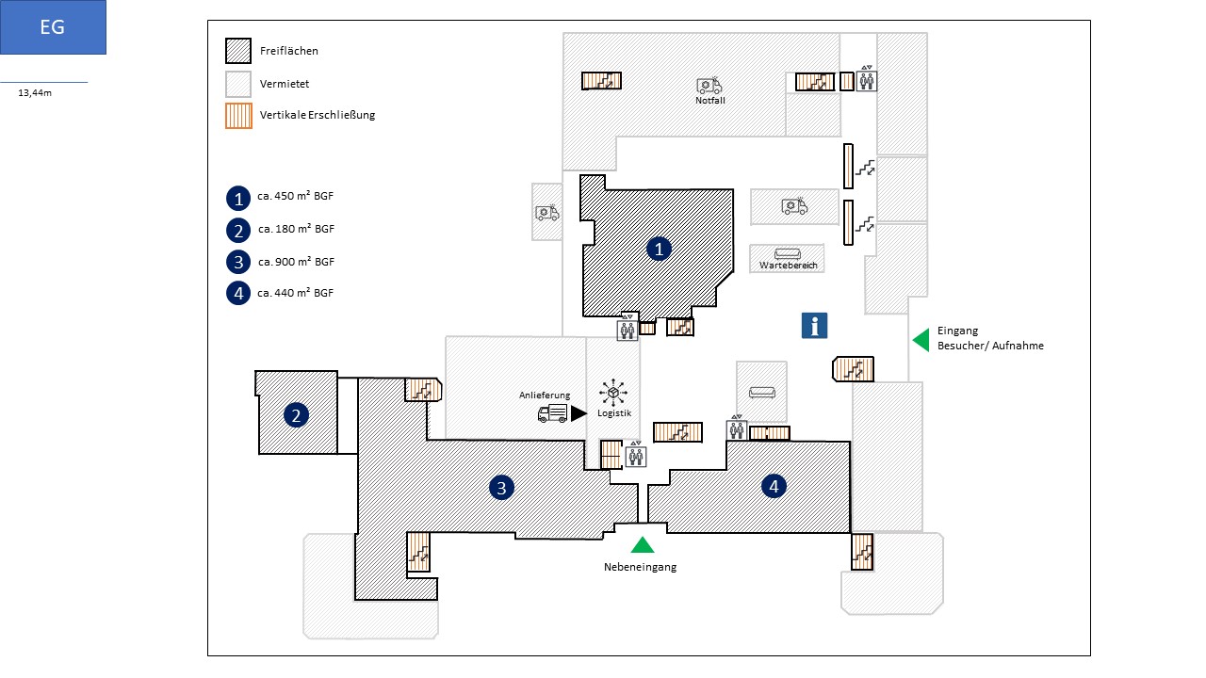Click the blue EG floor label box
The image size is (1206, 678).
tap(53, 27)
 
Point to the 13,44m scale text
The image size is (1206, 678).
tap(35, 93)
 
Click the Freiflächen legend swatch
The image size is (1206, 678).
tap(238, 51)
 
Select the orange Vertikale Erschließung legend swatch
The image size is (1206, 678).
tap(238, 116)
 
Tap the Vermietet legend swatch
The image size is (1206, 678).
tap(238, 84)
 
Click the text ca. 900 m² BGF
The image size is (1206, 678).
tap(296, 262)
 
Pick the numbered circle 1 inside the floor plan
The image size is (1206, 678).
tap(659, 250)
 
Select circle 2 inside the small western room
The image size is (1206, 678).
tap(296, 415)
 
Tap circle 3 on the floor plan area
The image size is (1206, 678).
tap(501, 488)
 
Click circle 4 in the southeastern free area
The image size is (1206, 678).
tap(774, 487)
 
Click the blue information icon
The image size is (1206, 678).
tap(814, 326)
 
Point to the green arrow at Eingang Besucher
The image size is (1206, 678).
tap(921, 340)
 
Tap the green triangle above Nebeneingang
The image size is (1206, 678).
tap(643, 545)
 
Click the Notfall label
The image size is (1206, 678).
tap(710, 101)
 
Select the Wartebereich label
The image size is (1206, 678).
tap(789, 266)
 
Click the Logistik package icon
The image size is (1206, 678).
tap(613, 393)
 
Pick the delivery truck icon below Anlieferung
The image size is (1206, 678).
tap(552, 413)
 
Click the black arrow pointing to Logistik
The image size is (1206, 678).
tap(579, 413)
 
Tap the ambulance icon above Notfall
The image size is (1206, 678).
tap(709, 85)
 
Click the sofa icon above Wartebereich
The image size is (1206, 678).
tap(787, 253)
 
